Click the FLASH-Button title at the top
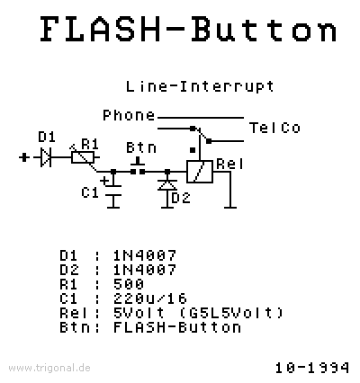coord(189,29)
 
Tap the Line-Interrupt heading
coord(200,87)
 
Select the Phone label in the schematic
coord(129,115)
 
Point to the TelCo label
coord(274,128)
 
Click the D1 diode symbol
coord(46,157)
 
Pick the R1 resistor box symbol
coord(83,157)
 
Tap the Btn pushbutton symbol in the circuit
coord(138,167)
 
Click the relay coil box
coord(200,172)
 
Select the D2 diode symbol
coord(167,185)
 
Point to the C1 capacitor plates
coord(113,191)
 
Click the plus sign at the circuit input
coord(24,157)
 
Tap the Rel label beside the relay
coord(229,165)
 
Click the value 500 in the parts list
coord(129,284)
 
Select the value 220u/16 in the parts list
coord(150,298)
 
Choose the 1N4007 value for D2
coord(145,270)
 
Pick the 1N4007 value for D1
coord(145,255)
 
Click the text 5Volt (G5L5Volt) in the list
coord(198,313)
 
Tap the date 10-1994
coord(312,368)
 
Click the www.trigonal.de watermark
coord(49,368)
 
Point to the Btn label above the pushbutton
coord(141,147)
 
